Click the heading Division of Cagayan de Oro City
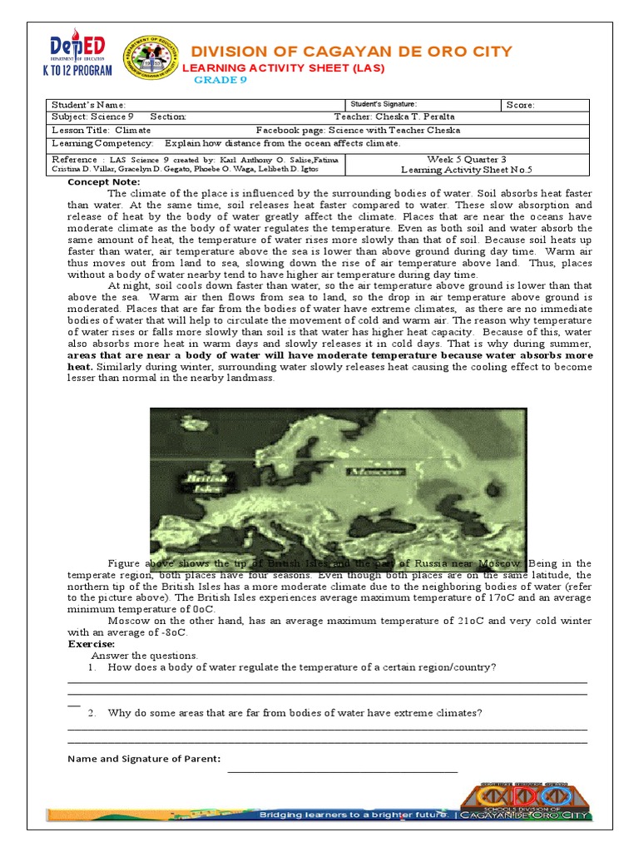tap(352, 52)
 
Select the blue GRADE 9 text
tap(220, 80)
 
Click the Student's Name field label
tap(88, 105)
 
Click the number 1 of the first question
tap(92, 668)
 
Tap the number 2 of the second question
tap(92, 713)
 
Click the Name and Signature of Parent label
tap(143, 759)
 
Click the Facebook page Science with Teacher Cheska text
tap(358, 131)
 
